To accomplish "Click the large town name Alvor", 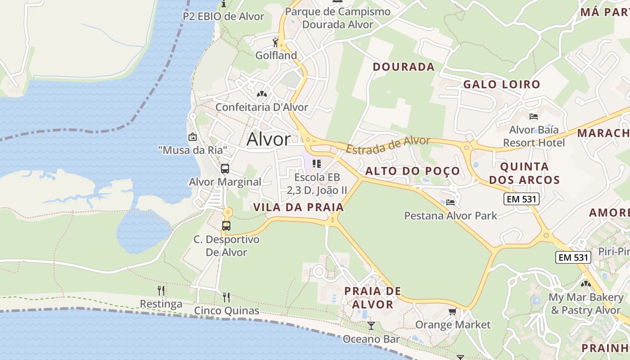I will [269, 139].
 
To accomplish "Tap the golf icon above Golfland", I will [275, 42].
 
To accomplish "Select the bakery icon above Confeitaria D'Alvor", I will [261, 94].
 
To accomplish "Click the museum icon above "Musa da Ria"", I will [193, 137].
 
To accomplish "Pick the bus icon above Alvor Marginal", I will [225, 169].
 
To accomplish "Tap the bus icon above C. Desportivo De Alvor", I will [226, 226].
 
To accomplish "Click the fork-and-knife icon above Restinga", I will [161, 291].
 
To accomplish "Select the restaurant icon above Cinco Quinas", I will [226, 297].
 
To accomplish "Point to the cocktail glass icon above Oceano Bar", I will [371, 325].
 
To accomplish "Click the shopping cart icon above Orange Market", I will [453, 311].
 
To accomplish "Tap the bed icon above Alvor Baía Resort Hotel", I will [534, 117].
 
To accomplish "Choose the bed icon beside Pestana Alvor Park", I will [450, 202].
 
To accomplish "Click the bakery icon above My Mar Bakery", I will [585, 284].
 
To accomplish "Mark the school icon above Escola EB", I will [317, 164].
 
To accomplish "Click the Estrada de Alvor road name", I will [388, 144].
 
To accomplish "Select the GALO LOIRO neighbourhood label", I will [501, 84].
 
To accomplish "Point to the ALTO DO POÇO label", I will [412, 171].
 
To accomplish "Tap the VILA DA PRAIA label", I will [298, 207].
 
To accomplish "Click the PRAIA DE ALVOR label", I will [372, 297].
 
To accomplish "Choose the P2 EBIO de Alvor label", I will [223, 17].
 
